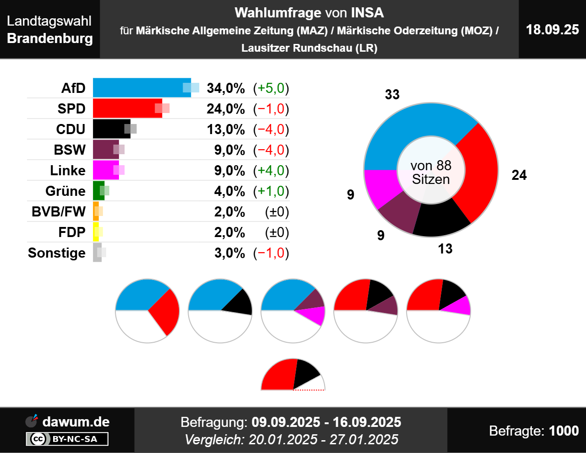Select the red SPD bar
[126, 108]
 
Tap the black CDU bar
[110, 129]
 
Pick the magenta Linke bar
[104, 170]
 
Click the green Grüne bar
[98, 191]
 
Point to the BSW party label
[70, 150]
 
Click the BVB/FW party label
[59, 212]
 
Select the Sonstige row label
[57, 253]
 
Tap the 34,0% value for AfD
[226, 88]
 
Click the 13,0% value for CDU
[226, 129]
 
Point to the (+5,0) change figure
[271, 88]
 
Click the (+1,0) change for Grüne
[271, 191]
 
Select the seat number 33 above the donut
[392, 95]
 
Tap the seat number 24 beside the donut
[519, 175]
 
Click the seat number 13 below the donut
[445, 249]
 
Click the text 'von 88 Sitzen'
[431, 173]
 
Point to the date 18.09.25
[552, 30]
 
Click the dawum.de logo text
[76, 422]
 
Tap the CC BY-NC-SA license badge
[67, 439]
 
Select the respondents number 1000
[564, 431]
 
